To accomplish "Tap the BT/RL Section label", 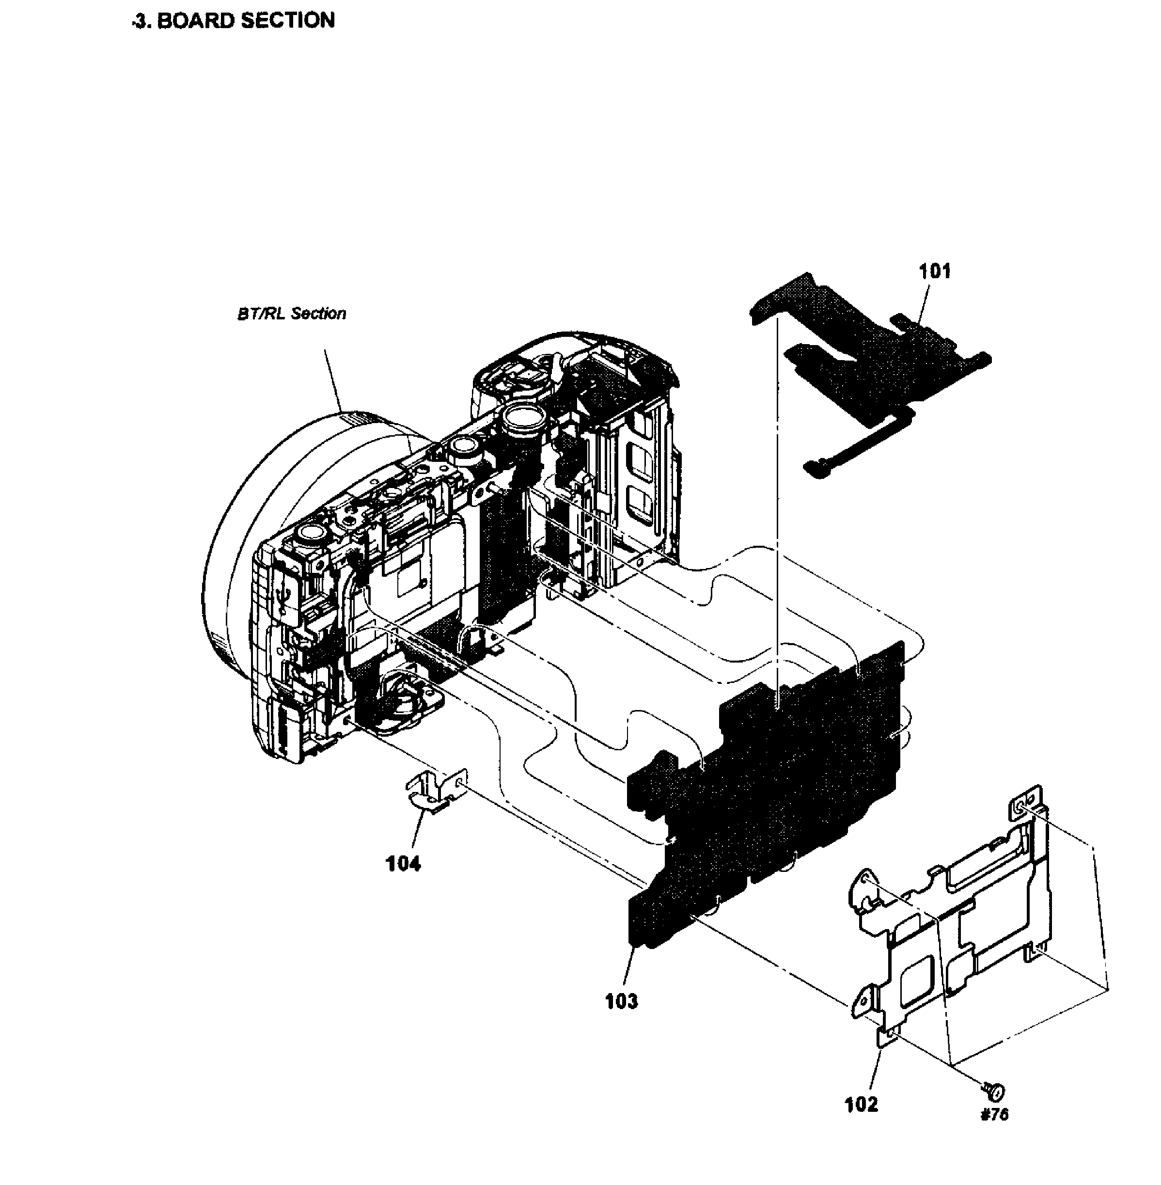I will tap(292, 314).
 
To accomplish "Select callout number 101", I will tap(935, 271).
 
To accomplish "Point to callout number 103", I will tap(621, 1001).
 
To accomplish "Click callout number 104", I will tap(403, 864).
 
